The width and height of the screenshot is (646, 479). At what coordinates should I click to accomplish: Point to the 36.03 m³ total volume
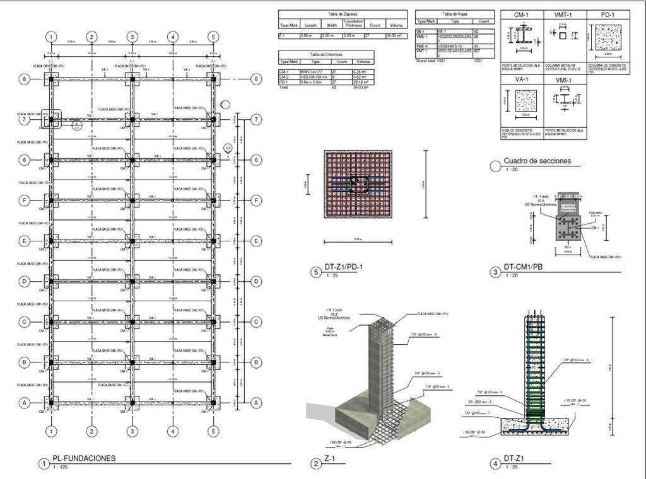(x=363, y=86)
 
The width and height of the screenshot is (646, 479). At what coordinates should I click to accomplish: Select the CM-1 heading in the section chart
(x=521, y=14)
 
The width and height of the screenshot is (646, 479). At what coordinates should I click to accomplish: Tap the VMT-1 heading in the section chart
(x=564, y=14)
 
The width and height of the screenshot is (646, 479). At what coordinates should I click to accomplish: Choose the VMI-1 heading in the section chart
(x=564, y=80)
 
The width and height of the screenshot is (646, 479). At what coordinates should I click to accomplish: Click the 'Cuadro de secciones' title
(x=537, y=161)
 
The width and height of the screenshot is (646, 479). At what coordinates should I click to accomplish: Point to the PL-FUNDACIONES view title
(x=84, y=458)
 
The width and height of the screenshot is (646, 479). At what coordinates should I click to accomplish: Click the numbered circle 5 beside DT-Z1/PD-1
(x=316, y=272)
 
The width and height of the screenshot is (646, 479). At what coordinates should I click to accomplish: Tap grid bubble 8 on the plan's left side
(x=25, y=79)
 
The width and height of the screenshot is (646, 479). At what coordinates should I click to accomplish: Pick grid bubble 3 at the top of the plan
(x=132, y=37)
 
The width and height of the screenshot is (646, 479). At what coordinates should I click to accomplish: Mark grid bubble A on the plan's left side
(x=25, y=402)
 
